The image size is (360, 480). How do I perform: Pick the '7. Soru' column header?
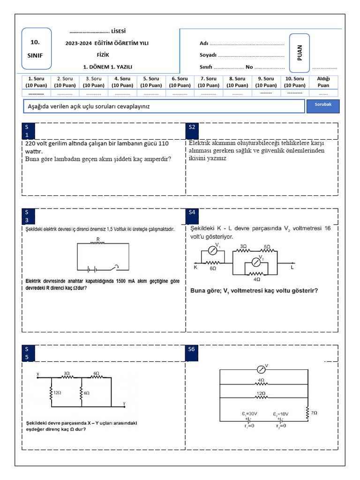click(x=208, y=82)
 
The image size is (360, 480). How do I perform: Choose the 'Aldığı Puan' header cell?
click(x=323, y=82)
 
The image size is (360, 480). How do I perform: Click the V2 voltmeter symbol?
click(x=256, y=261)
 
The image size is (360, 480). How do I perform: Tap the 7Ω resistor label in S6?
click(x=314, y=412)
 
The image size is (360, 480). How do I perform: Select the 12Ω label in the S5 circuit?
click(x=57, y=392)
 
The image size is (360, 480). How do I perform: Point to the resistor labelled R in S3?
click(x=98, y=243)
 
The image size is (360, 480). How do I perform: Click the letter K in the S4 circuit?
click(x=195, y=268)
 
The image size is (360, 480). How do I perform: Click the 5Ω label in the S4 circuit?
click(x=267, y=246)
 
